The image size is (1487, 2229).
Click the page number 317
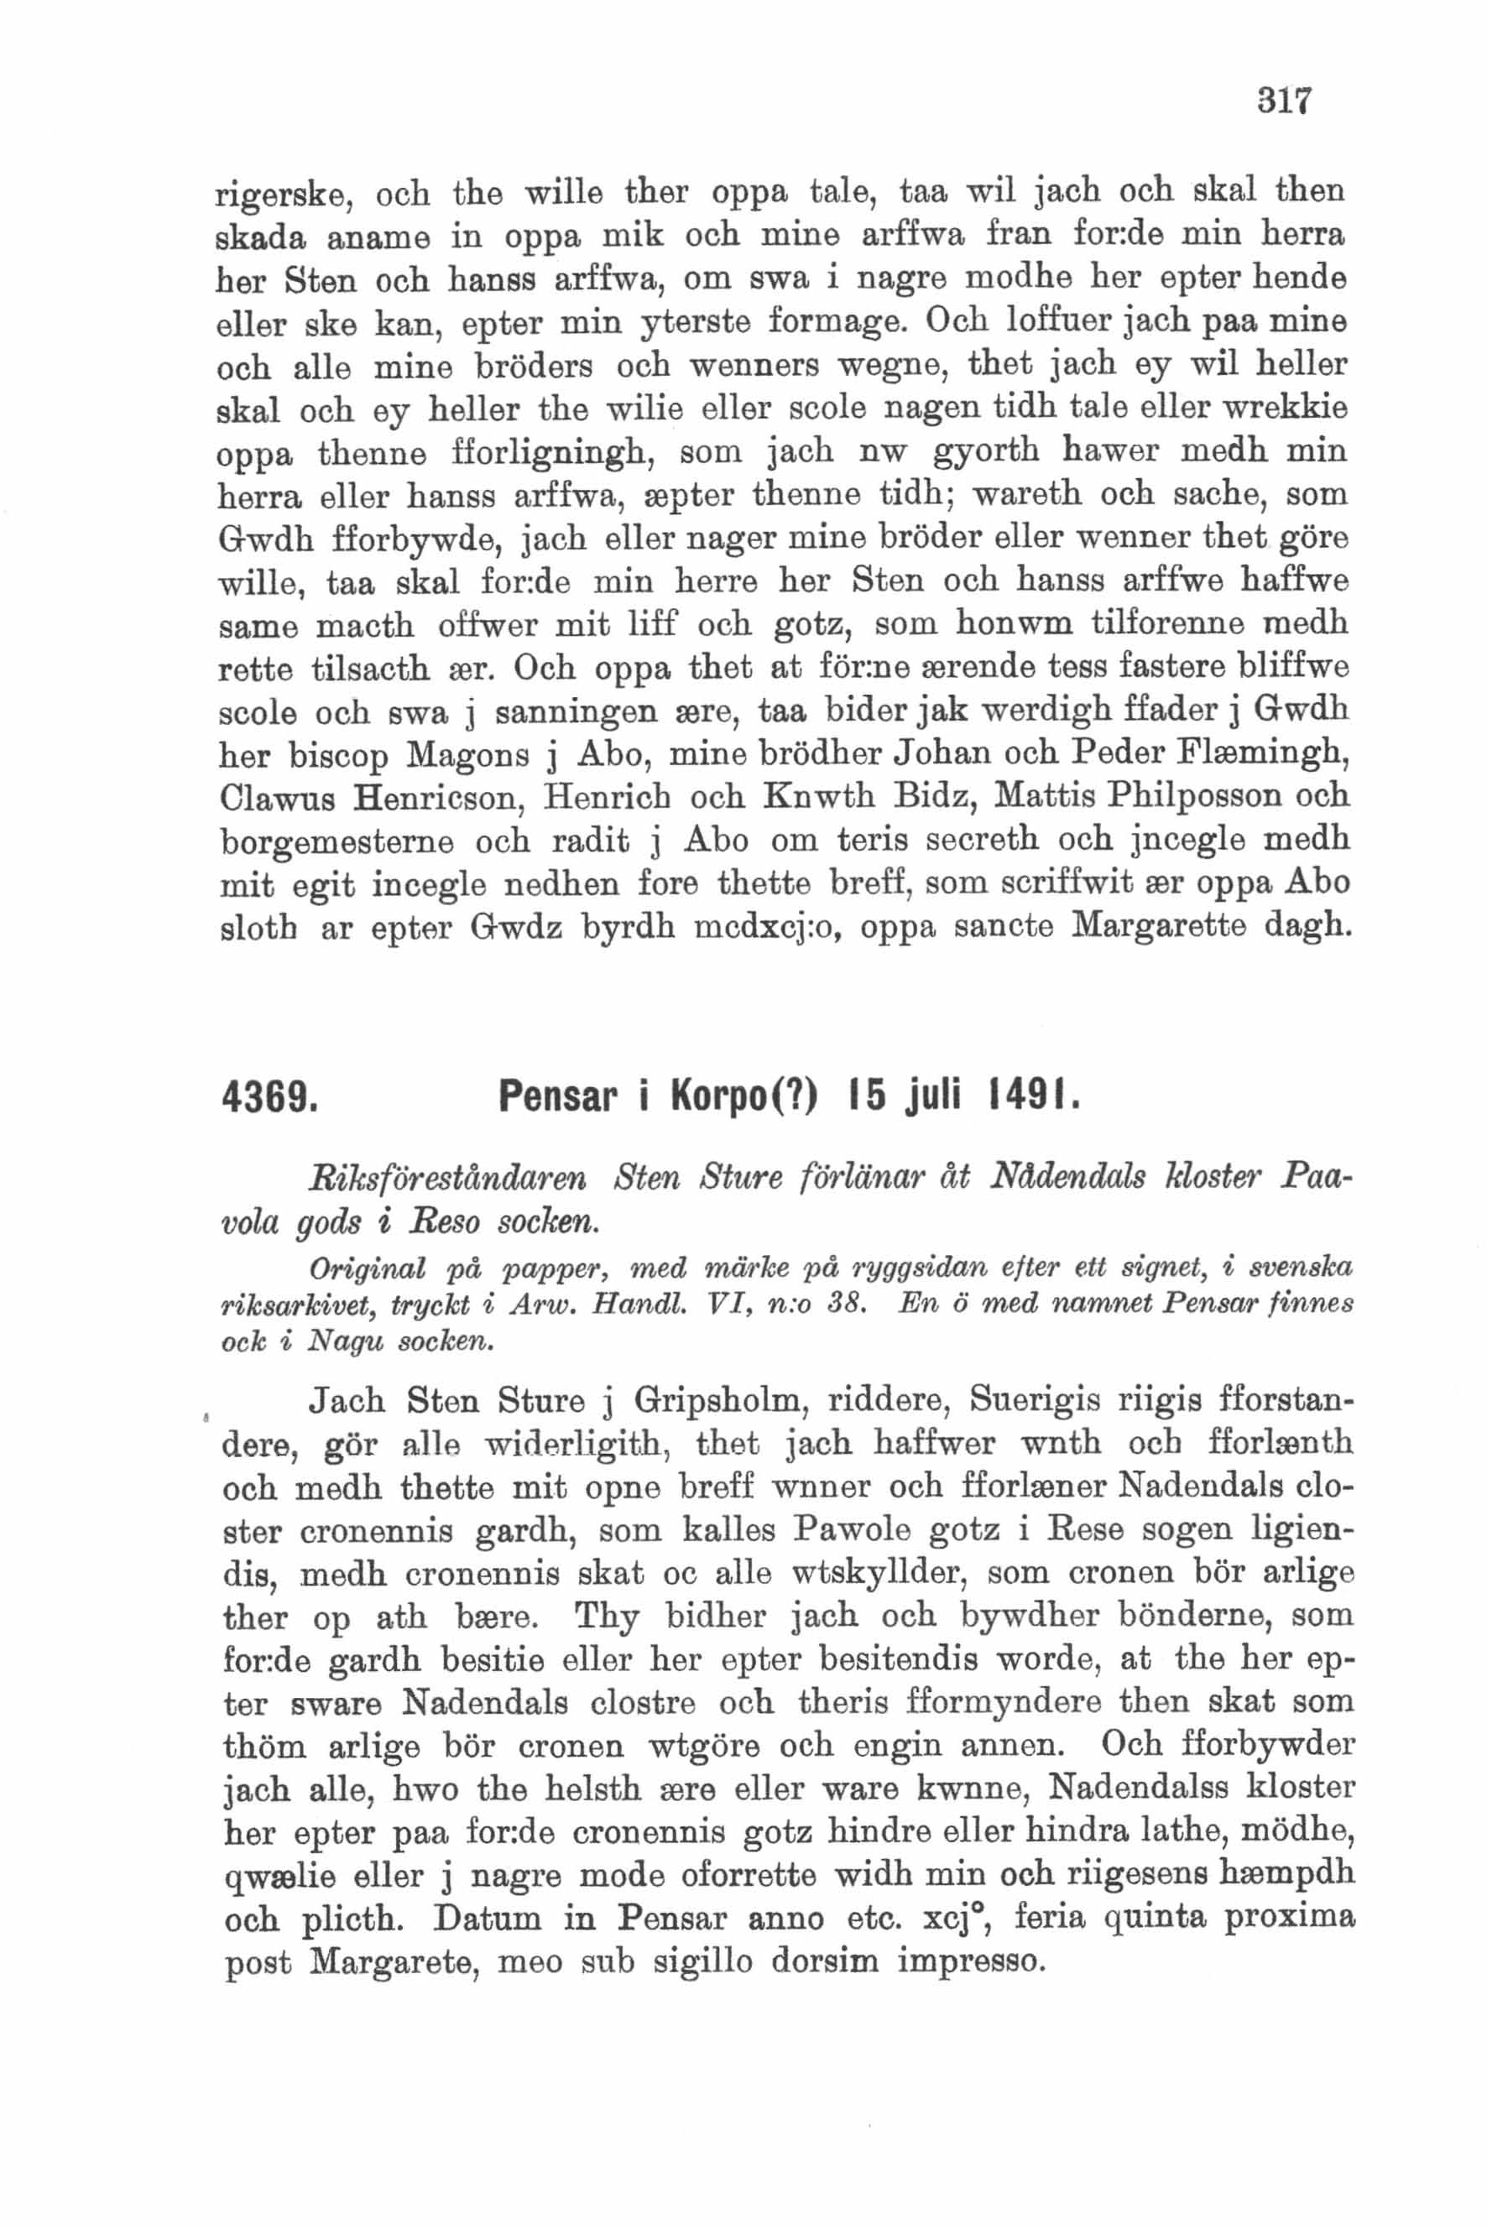pos(1283,100)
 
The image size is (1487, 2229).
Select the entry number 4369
pos(269,1099)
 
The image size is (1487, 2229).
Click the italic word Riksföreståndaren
pos(447,1179)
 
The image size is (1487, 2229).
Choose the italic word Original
pos(367,1269)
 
